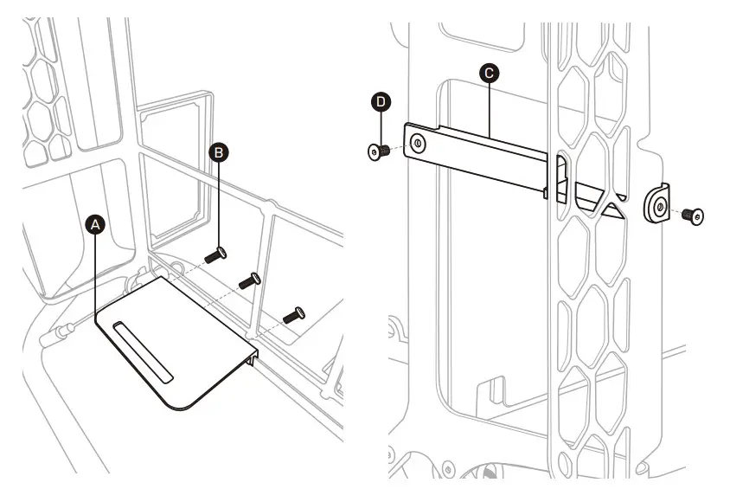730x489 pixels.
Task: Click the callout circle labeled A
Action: tap(97, 223)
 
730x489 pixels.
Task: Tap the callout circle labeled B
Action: tap(220, 152)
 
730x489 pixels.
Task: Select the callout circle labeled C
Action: tap(490, 74)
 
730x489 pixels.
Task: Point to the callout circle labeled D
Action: tap(381, 102)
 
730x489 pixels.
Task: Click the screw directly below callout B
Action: tap(215, 254)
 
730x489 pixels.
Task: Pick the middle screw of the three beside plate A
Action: tap(249, 280)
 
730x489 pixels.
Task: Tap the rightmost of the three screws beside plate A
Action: tap(295, 314)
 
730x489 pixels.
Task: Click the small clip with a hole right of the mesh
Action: tap(657, 204)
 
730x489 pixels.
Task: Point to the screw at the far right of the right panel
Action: tap(693, 214)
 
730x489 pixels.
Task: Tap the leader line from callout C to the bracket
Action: tap(490, 108)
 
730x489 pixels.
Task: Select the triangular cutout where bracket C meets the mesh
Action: tap(605, 204)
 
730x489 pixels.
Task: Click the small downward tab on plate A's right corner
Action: tap(254, 356)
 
